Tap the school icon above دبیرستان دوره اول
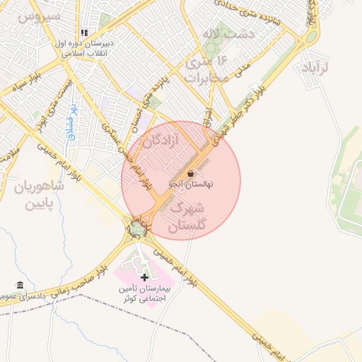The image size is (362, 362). pyautogui.click(x=85, y=33)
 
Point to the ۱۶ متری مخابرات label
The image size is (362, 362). pyautogui.click(x=208, y=69)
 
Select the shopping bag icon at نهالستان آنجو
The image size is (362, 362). pyautogui.click(x=192, y=173)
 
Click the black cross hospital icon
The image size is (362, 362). pyautogui.click(x=145, y=277)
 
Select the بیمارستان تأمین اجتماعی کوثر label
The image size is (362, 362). pyautogui.click(x=145, y=294)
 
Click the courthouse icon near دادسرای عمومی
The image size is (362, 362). pyautogui.click(x=19, y=286)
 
